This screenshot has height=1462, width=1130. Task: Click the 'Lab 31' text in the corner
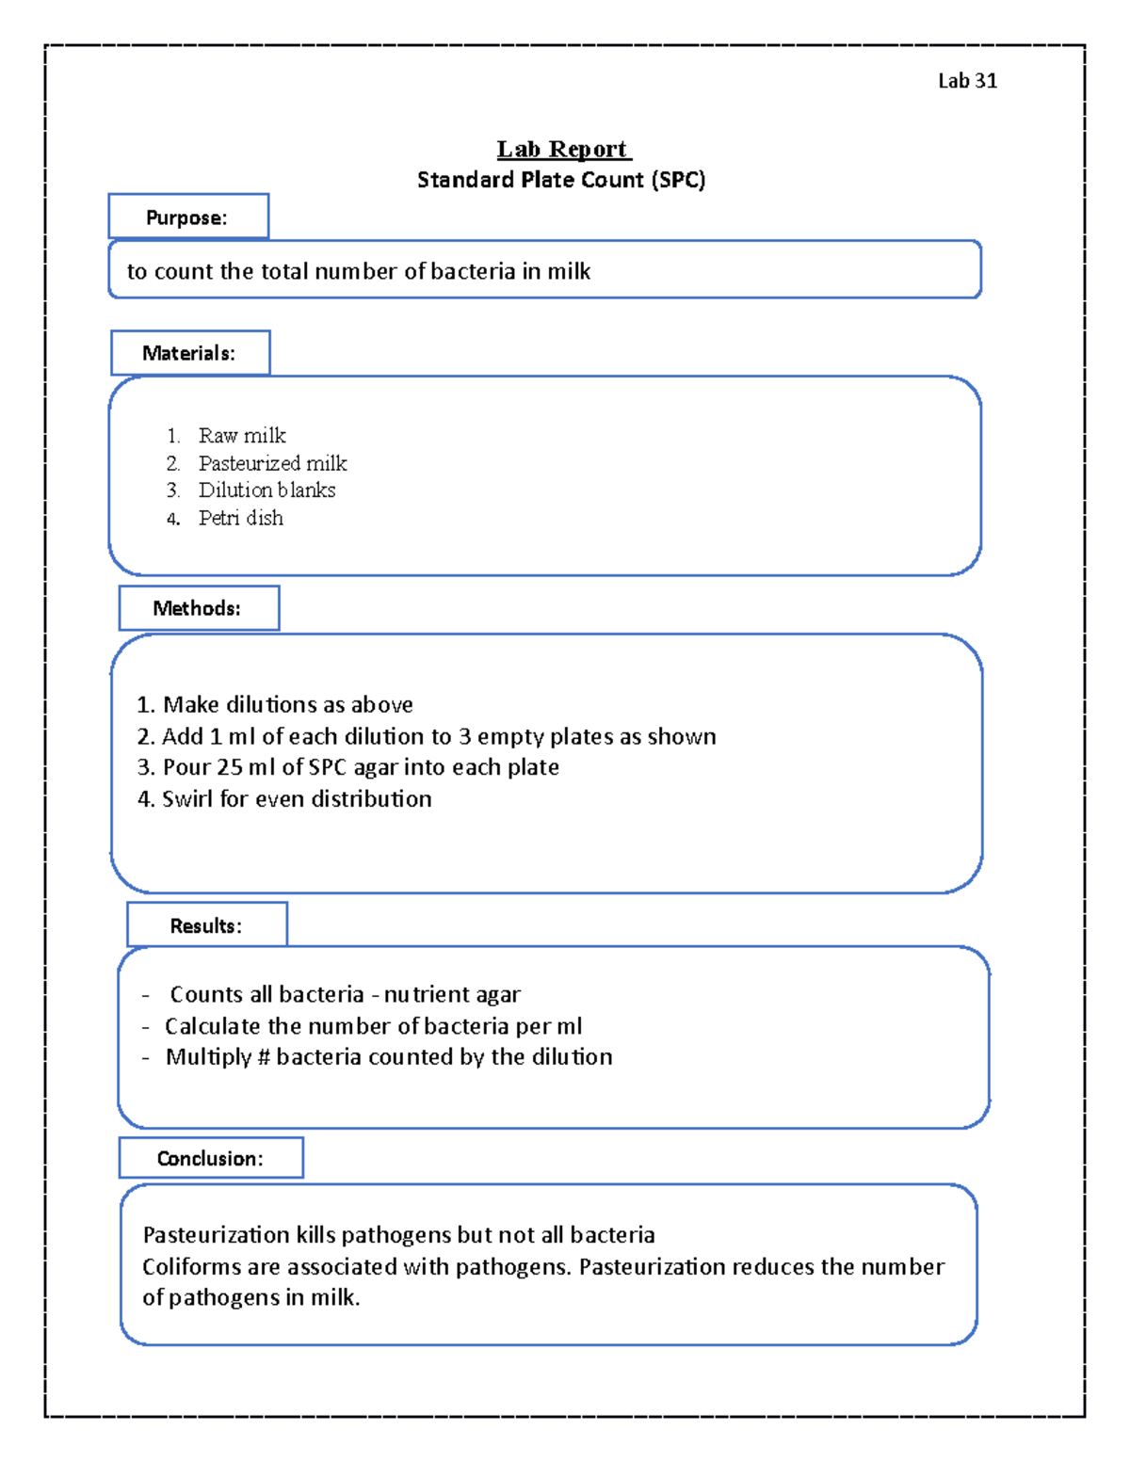[x=966, y=81]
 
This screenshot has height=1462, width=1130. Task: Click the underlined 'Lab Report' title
[x=563, y=150]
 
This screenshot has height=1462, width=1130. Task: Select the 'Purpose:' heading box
[x=187, y=217]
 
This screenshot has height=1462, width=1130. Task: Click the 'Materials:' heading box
[x=189, y=353]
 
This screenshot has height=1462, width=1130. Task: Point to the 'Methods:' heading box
[x=198, y=608]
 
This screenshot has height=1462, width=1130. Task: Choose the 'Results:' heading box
[x=206, y=925]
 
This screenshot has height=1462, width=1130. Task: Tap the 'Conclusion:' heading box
[x=210, y=1159]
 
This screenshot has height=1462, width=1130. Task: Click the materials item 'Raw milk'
[x=242, y=436]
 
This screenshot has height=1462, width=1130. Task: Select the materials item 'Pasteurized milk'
[x=272, y=463]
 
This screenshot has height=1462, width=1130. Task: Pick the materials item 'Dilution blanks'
[x=266, y=490]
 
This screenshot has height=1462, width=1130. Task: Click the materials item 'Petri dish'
[x=240, y=518]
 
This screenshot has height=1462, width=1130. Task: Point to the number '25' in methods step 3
[x=230, y=767]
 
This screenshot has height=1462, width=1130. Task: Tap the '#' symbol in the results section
[x=263, y=1057]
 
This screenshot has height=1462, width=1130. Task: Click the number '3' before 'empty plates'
[x=464, y=736]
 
